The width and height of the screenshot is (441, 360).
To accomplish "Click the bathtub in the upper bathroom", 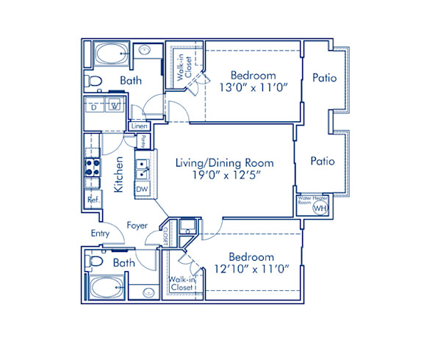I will click(x=111, y=54).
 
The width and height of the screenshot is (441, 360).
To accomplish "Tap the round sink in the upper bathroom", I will click(x=145, y=51).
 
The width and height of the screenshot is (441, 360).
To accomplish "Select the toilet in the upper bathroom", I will click(x=92, y=79).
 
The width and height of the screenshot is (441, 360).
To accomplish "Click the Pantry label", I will click(x=143, y=140).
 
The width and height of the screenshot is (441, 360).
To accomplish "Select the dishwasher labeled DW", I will click(x=142, y=190).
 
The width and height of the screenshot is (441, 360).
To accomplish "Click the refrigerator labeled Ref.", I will click(x=93, y=199).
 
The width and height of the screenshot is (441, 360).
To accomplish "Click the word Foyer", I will click(x=137, y=226).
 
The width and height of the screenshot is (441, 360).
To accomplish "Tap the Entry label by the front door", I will click(x=100, y=234).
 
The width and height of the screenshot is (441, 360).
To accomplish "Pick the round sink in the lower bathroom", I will click(x=145, y=290).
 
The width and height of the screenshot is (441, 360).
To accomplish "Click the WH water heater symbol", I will click(x=319, y=208).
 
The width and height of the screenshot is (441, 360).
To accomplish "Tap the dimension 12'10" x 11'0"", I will click(x=252, y=270).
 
